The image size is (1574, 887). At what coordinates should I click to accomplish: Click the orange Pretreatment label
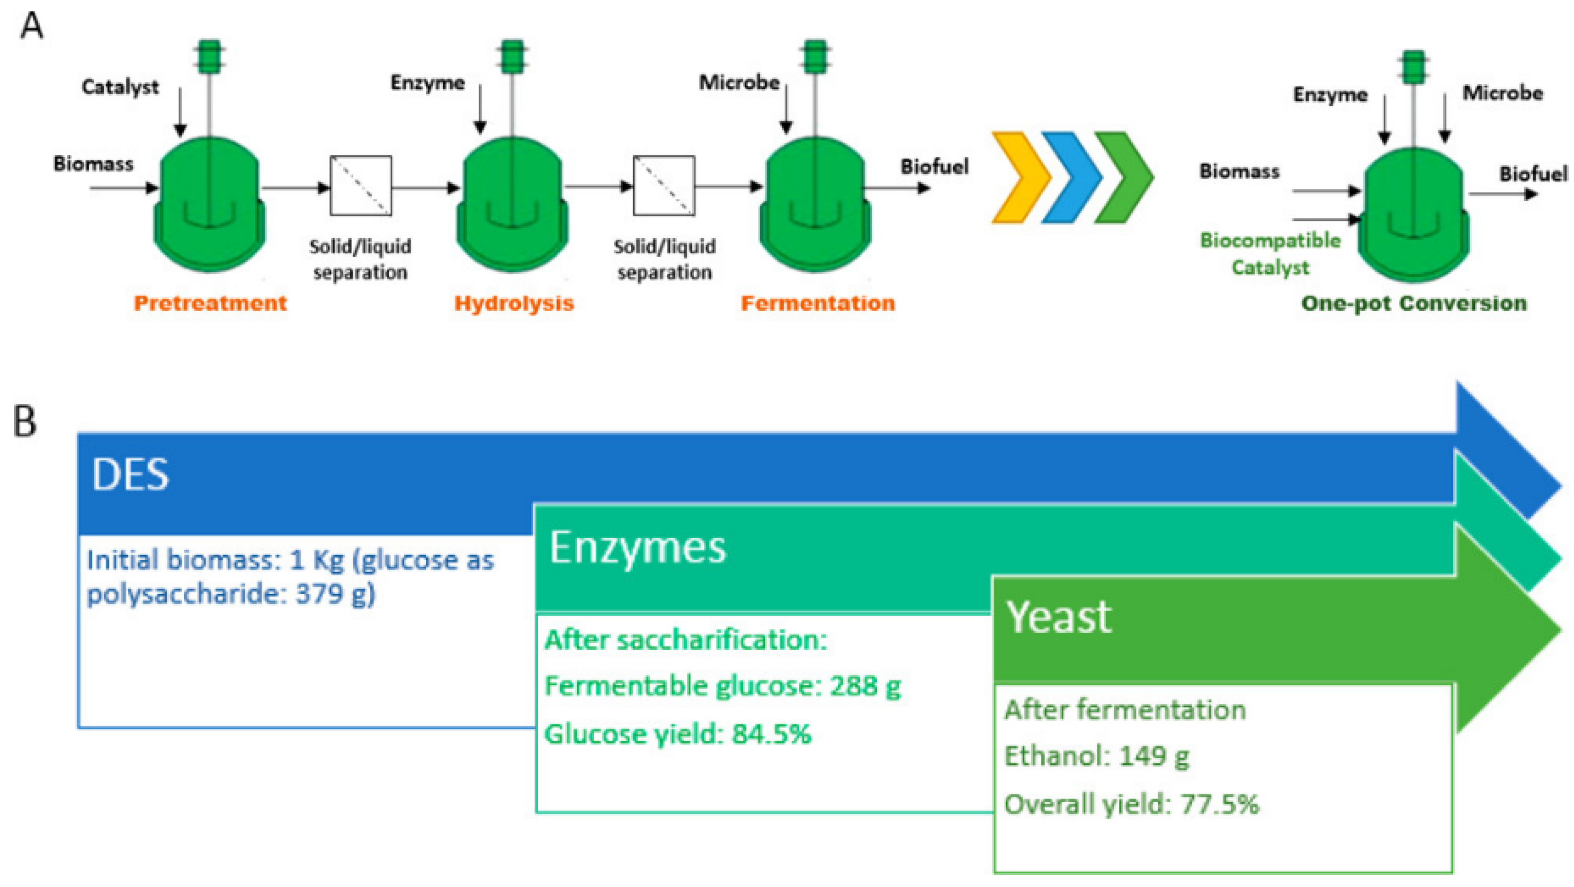(210, 303)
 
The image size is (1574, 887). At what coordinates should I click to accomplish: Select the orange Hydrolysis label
(514, 303)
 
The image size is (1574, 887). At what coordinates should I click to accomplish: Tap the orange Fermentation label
(818, 303)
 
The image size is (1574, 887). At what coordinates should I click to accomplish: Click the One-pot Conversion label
(1413, 303)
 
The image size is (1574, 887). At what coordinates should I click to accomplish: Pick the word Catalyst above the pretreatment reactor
(120, 87)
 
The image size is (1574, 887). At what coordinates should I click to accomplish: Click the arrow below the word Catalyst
(179, 113)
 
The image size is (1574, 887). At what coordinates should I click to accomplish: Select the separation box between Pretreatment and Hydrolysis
(360, 186)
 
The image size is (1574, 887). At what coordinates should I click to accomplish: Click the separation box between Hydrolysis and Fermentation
(663, 186)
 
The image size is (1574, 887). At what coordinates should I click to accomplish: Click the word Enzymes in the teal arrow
(637, 547)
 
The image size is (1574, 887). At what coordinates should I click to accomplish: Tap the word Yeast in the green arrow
(1059, 617)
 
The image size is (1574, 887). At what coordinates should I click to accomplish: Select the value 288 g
(865, 686)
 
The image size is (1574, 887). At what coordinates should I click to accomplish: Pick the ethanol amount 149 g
(1154, 756)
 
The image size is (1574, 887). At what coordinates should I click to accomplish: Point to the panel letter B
(25, 421)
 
